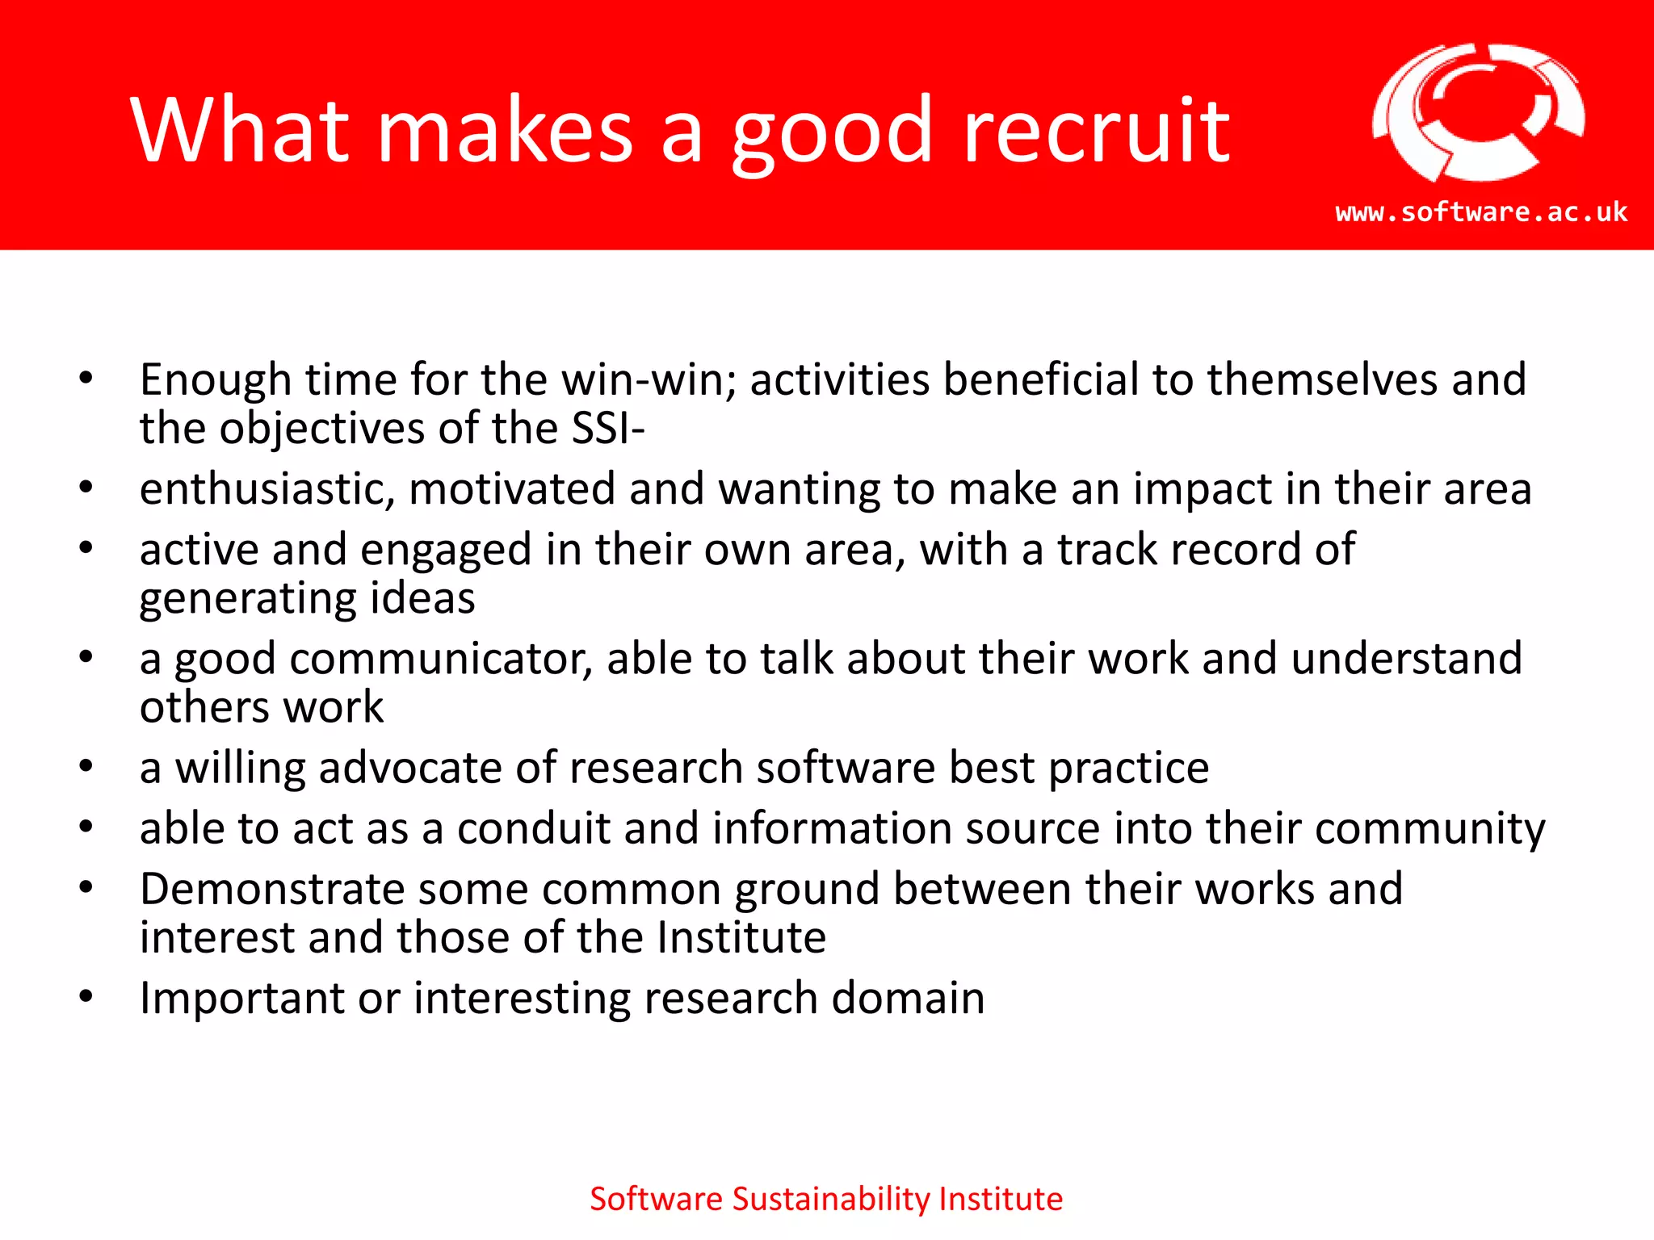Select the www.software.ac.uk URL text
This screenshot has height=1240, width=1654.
coord(1481,212)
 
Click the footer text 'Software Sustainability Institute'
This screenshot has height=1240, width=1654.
coord(826,1199)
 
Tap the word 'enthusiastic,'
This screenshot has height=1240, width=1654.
coord(267,489)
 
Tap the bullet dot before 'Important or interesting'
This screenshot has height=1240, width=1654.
coord(86,998)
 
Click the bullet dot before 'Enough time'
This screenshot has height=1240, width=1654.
coord(86,379)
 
